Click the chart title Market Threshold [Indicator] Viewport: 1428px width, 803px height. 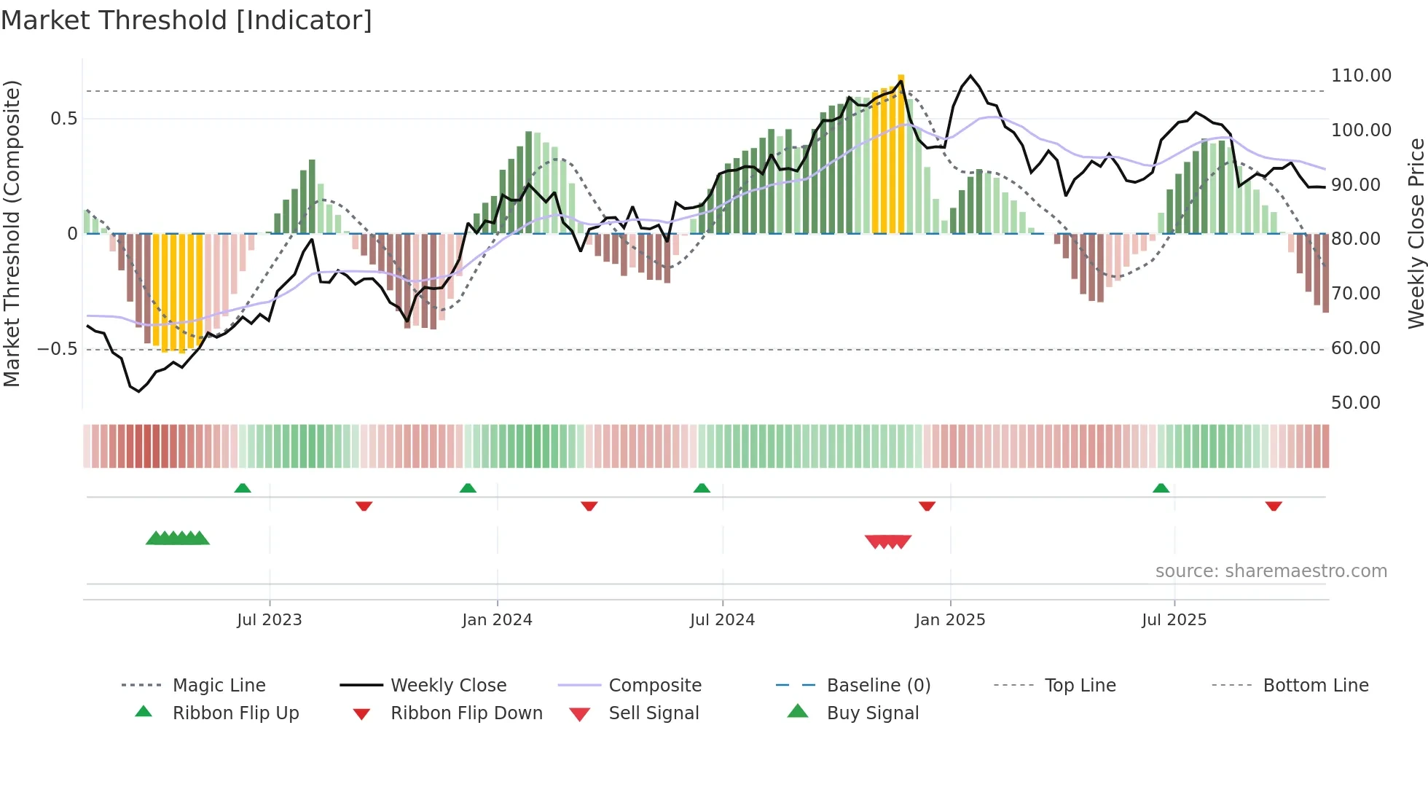click(x=187, y=20)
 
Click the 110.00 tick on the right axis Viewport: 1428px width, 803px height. click(x=1360, y=76)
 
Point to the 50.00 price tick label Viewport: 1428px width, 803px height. click(x=1355, y=403)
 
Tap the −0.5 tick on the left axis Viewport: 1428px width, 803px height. click(x=57, y=349)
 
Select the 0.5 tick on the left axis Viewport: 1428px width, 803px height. click(x=63, y=119)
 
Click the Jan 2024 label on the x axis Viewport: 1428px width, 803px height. click(x=497, y=620)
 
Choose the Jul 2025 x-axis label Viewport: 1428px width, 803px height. click(x=1174, y=620)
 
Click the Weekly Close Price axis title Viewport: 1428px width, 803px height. click(x=1416, y=233)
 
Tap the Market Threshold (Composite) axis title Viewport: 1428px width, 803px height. click(x=12, y=233)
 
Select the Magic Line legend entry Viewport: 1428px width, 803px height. click(x=219, y=686)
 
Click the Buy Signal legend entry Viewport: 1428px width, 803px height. click(x=872, y=713)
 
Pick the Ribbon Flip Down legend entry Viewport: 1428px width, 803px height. click(x=466, y=713)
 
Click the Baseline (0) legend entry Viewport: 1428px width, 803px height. click(x=878, y=686)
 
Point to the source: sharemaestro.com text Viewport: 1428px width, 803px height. click(x=1271, y=571)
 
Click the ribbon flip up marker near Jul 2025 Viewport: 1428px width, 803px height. click(x=1161, y=488)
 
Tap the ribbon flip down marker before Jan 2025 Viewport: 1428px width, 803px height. click(x=927, y=506)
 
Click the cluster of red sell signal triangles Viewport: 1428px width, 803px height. click(x=887, y=541)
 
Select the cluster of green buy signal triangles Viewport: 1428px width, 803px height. click(x=177, y=538)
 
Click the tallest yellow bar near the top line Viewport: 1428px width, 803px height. click(x=901, y=153)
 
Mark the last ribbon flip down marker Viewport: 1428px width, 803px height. click(x=1274, y=506)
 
